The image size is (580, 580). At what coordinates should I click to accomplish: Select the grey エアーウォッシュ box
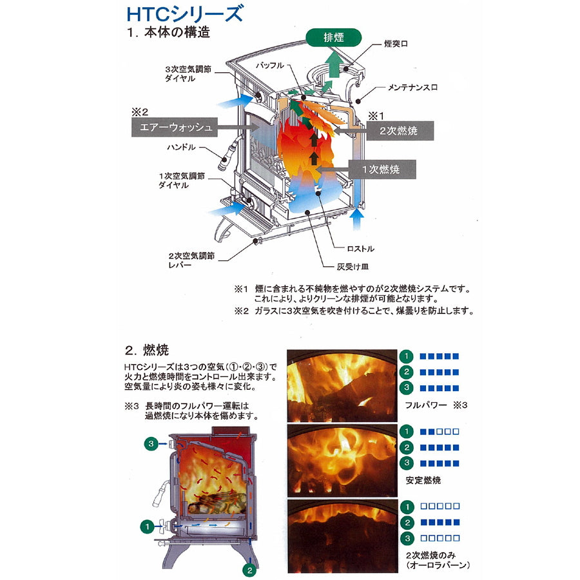click(172, 127)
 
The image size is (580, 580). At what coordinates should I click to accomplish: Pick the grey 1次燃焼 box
click(381, 169)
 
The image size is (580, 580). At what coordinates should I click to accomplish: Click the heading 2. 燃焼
click(146, 351)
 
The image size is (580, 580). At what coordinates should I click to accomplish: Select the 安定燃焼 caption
click(423, 480)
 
